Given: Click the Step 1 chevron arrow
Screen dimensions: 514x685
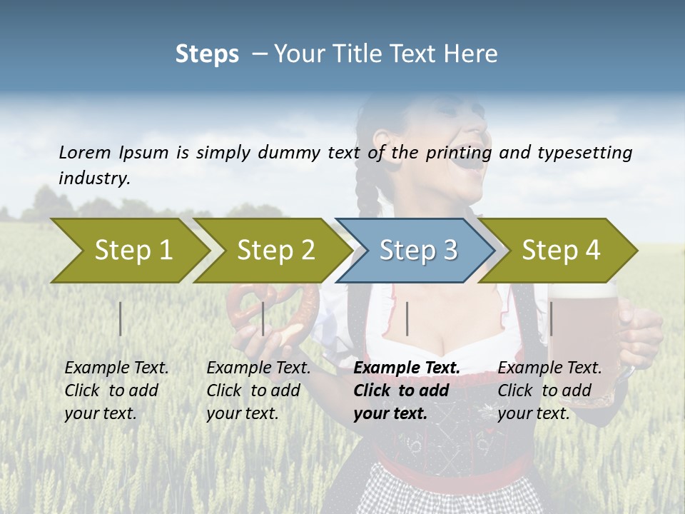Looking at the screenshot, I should pos(132,251).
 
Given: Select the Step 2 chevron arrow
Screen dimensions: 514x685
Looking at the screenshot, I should pos(275,251).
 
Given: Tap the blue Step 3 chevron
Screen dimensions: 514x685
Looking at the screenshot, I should pos(417,251).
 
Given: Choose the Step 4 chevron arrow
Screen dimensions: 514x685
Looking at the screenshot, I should pos(560,251).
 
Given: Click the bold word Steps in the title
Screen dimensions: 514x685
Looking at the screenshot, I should pos(207,54).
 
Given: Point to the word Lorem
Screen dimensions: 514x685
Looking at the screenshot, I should pos(85,152).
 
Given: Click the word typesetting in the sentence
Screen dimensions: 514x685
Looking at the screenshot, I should pos(589,153).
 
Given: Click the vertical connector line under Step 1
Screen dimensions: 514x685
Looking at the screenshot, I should pos(121,318).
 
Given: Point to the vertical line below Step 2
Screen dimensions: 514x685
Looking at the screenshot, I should pos(263,318).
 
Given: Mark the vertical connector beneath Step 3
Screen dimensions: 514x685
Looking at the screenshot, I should pos(407,318).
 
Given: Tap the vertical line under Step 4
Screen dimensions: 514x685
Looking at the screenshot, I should pos(551,318).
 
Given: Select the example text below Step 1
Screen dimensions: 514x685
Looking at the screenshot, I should pos(116,390).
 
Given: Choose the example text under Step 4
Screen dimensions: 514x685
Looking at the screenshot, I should pos(549,390).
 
